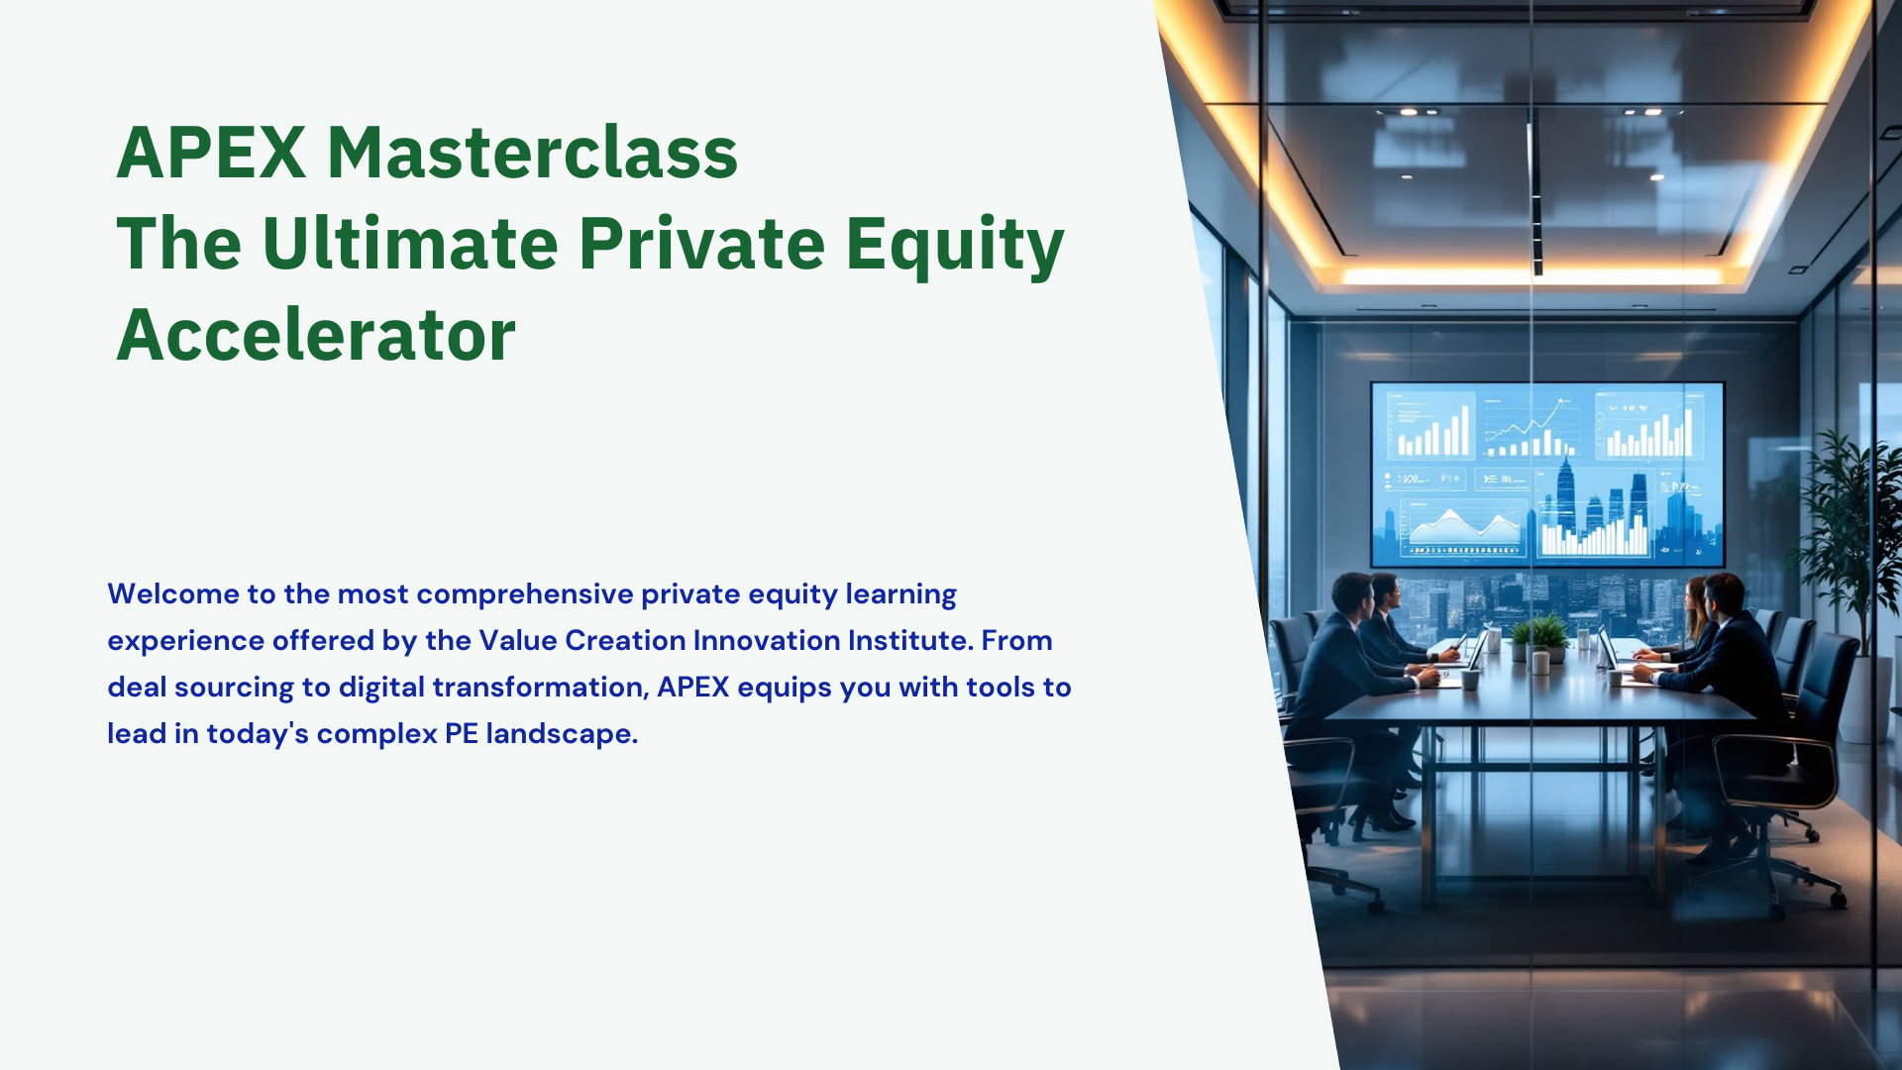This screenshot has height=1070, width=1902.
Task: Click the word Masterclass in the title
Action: click(x=532, y=153)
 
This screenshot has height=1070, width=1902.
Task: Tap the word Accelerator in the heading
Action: click(x=316, y=335)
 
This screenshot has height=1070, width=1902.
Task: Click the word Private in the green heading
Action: click(x=701, y=243)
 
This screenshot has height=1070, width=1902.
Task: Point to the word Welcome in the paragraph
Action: click(x=173, y=593)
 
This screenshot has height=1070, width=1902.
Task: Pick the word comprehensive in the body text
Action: click(x=525, y=594)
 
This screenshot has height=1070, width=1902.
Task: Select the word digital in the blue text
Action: click(x=381, y=689)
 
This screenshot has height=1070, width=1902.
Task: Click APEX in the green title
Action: click(x=211, y=153)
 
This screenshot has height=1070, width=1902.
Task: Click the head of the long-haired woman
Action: click(x=1697, y=596)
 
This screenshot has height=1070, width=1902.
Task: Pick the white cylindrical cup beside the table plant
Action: click(x=1540, y=661)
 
